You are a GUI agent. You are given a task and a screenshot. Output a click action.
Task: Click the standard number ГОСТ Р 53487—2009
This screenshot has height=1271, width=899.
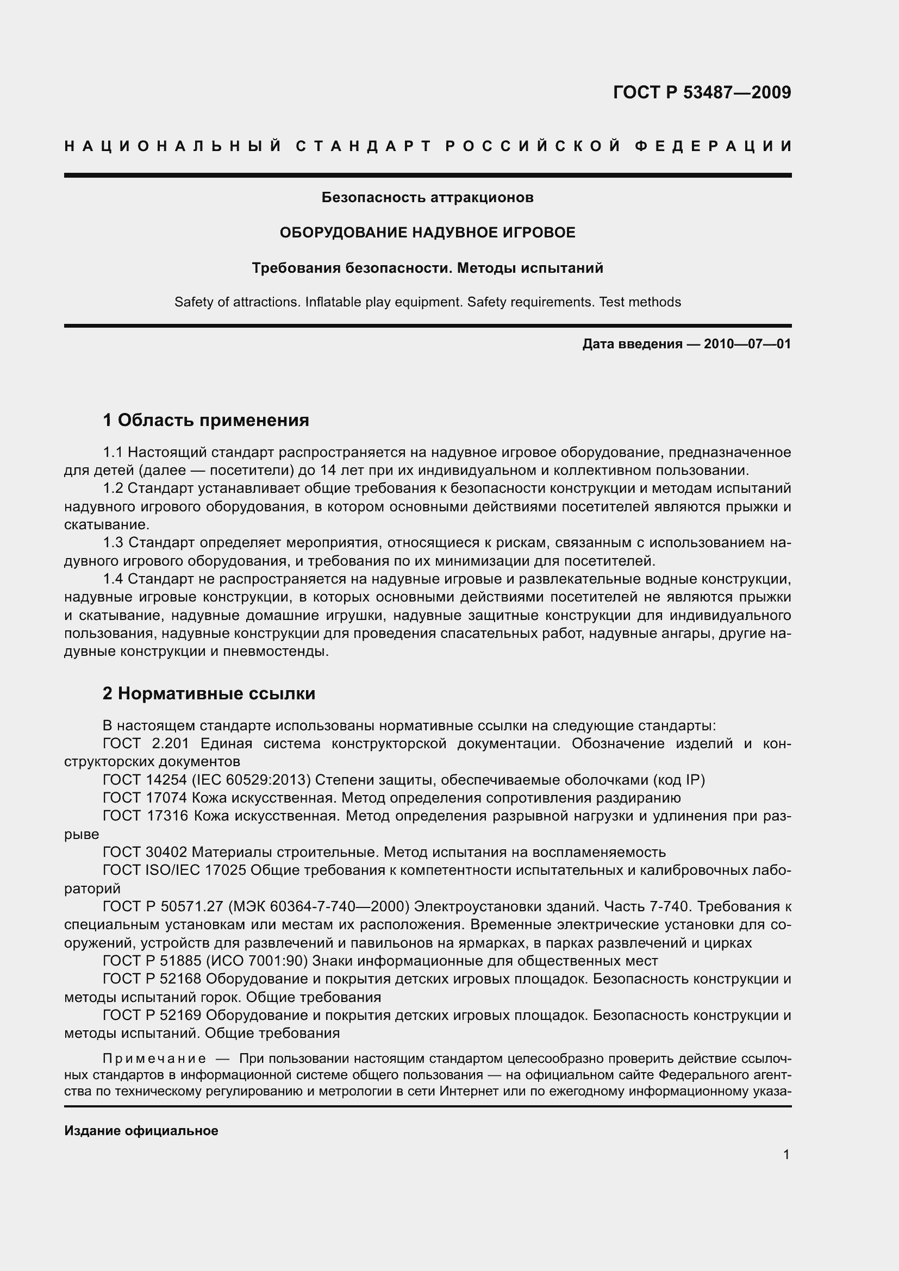click(x=701, y=92)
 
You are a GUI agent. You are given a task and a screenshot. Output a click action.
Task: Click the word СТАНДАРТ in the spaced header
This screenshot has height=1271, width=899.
click(x=363, y=146)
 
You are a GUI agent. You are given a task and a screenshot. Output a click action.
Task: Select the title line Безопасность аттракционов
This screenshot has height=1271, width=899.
click(x=427, y=197)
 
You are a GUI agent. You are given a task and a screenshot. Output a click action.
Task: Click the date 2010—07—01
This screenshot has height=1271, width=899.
click(x=747, y=345)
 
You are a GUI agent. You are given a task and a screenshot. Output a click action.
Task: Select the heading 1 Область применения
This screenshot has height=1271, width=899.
click(x=206, y=420)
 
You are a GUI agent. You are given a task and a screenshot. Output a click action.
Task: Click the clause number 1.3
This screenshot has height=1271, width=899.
click(x=113, y=543)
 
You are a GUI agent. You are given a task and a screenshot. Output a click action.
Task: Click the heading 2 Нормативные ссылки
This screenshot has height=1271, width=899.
click(x=209, y=693)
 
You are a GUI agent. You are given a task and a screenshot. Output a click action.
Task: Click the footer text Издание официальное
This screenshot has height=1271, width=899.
click(x=141, y=1131)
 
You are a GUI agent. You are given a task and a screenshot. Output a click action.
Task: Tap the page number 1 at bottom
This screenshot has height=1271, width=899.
click(x=786, y=1154)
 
